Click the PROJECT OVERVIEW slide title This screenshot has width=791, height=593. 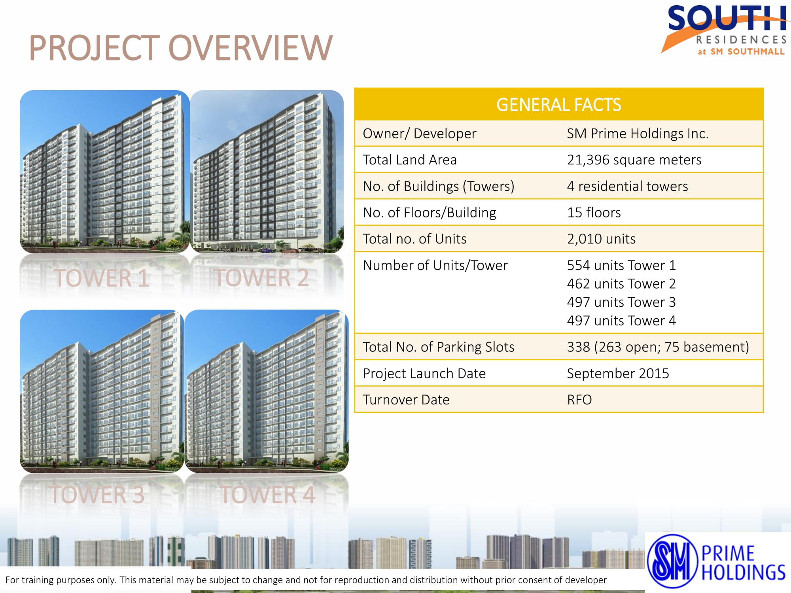click(x=181, y=48)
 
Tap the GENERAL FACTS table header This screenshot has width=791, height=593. click(x=558, y=105)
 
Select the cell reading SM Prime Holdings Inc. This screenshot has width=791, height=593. click(x=638, y=134)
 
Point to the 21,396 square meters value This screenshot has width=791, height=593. click(x=634, y=160)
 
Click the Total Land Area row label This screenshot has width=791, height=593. click(x=410, y=160)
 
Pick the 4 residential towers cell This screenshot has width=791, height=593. click(x=627, y=186)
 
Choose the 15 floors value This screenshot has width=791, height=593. click(x=594, y=213)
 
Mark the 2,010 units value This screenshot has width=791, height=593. click(x=601, y=239)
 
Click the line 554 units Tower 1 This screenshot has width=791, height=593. click(x=621, y=265)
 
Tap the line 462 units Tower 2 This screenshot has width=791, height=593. click(x=621, y=284)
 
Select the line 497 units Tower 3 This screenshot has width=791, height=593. click(x=621, y=302)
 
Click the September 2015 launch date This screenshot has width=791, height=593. click(x=618, y=373)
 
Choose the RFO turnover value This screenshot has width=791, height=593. click(x=579, y=400)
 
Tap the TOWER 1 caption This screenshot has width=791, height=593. click(x=102, y=278)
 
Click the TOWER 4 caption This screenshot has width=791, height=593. click(x=267, y=495)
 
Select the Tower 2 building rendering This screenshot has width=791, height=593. click(x=267, y=172)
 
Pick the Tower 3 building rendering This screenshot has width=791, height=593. click(x=102, y=391)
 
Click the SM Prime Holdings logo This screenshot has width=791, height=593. click(x=716, y=561)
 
